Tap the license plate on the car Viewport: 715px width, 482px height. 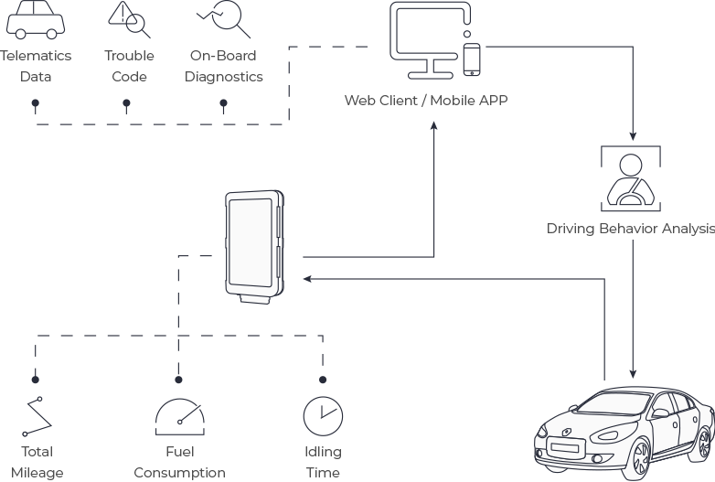(x=564, y=448)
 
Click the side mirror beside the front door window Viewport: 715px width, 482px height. (x=659, y=413)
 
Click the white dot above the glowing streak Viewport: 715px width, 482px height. (x=39, y=399)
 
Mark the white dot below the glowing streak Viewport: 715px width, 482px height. (x=25, y=434)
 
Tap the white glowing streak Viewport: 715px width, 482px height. (x=23, y=426)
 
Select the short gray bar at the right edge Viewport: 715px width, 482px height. (x=631, y=229)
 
